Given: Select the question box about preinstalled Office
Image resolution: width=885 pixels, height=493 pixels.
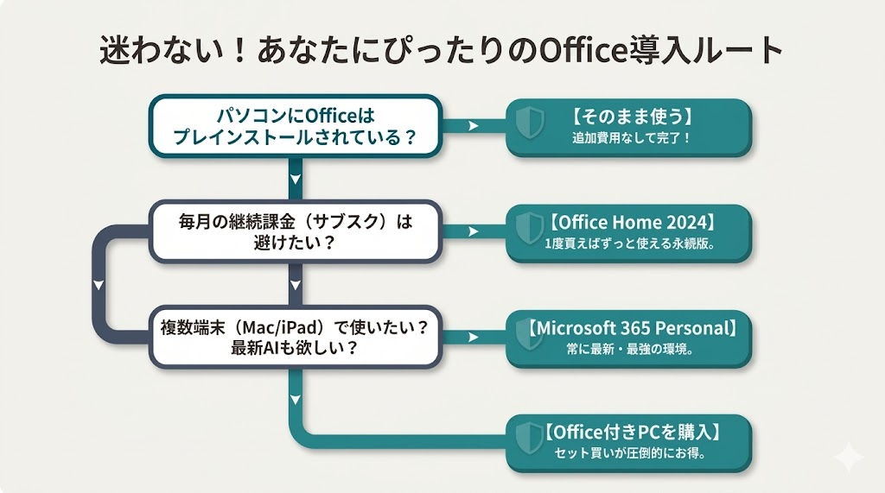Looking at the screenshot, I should coord(296,128).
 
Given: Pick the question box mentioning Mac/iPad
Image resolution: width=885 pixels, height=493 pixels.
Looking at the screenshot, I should coord(296,338).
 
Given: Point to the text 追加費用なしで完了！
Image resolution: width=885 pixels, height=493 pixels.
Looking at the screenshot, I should coord(632,137).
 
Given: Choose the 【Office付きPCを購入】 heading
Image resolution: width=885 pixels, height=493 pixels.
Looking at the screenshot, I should coord(633,433).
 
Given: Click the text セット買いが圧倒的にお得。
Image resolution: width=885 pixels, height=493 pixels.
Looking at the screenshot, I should coord(632,454).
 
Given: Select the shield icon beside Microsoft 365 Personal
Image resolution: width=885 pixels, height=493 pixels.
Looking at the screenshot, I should coord(528,338).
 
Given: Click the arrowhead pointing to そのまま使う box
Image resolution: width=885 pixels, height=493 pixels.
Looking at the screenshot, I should coord(473,126).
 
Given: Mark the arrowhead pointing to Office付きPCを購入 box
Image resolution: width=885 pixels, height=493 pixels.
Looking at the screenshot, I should coord(473,443).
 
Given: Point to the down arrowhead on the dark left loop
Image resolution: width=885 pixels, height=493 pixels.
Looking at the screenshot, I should coord(99,285).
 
